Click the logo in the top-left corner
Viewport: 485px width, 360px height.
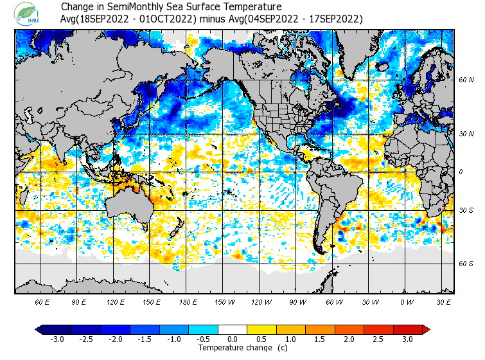pos(30,14)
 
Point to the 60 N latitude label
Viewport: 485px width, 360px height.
pos(466,80)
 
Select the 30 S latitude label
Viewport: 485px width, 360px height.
pos(466,211)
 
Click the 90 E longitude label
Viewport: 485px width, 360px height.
pos(79,301)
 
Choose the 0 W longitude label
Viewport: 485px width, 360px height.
pos(407,301)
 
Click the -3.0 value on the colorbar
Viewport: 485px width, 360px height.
pos(57,339)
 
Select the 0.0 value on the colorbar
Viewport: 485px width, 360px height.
pos(233,339)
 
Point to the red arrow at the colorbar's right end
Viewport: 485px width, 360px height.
pos(425,329)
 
